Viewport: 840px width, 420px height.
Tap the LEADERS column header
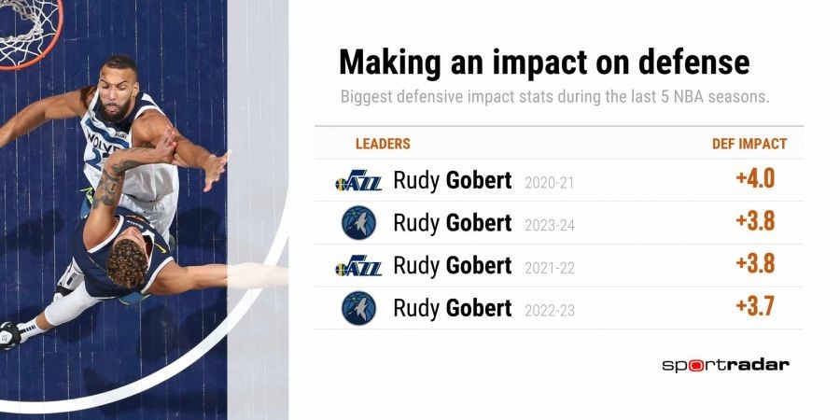tap(383, 144)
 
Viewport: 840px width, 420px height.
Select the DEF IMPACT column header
tap(749, 144)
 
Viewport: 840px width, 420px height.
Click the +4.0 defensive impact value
tap(755, 179)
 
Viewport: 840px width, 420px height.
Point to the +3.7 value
tap(755, 307)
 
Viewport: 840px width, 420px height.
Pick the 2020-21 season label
tap(549, 183)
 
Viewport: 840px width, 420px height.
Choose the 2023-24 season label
tap(550, 226)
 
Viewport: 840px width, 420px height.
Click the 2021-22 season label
tap(550, 269)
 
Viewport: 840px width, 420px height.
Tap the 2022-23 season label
tap(550, 311)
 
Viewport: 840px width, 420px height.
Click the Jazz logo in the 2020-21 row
tap(358, 180)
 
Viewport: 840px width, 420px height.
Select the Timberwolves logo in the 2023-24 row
tap(359, 223)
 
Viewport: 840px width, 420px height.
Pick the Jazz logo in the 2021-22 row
tap(358, 266)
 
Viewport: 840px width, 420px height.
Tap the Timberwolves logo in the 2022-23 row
tap(359, 308)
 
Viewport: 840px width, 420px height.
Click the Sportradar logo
tap(725, 365)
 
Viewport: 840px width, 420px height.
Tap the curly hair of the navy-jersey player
tap(128, 262)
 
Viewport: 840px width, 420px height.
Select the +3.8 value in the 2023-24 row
tap(755, 221)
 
